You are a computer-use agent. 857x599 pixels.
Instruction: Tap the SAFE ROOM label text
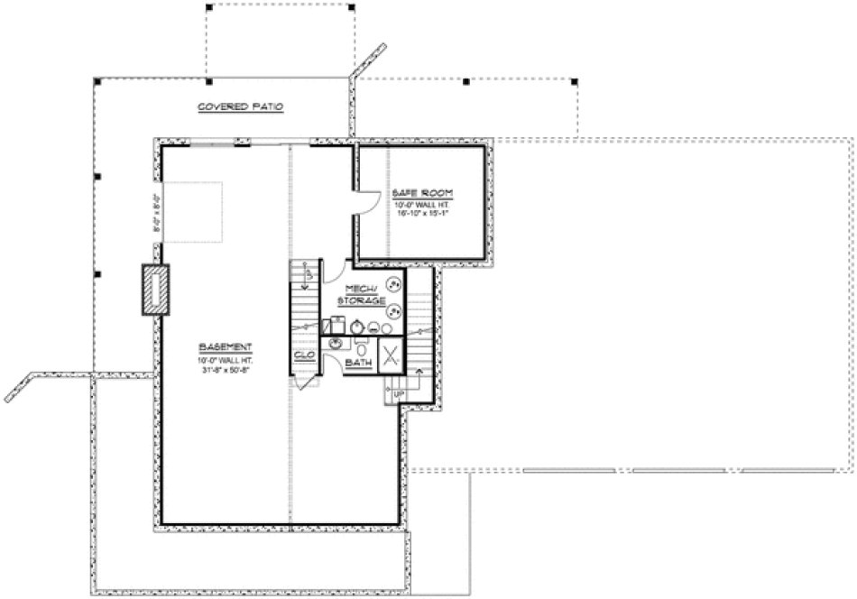tap(422, 194)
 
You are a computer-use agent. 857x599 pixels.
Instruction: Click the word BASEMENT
tap(226, 346)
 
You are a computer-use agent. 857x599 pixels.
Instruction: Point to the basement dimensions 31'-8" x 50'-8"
tap(226, 368)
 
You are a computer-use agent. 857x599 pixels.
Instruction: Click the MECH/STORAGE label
tap(362, 294)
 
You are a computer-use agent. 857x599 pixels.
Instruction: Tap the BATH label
tap(361, 363)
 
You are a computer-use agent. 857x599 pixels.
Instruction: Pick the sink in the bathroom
tap(337, 344)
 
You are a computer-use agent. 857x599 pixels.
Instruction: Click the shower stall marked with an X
tap(391, 355)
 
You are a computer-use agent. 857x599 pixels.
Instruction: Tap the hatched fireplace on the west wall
tap(155, 290)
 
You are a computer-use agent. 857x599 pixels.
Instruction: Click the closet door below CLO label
tap(307, 381)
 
